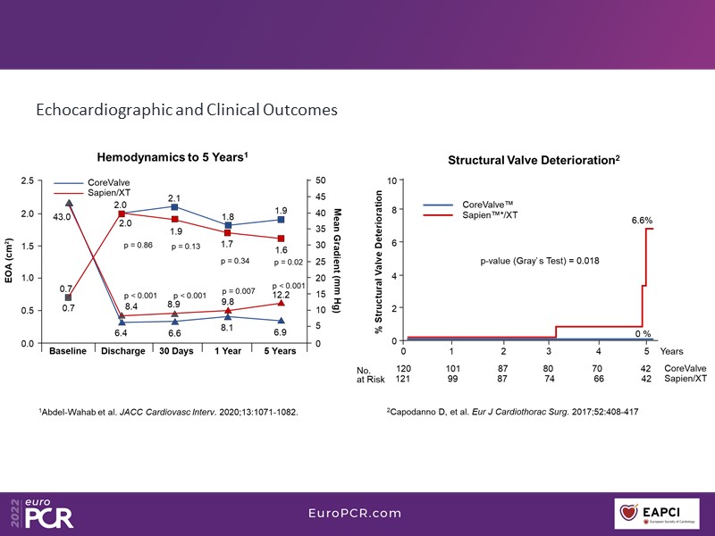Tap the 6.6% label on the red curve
[643, 219]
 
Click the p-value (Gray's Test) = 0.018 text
[540, 261]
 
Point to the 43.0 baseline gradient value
[62, 216]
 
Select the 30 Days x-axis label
[175, 351]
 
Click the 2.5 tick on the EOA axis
[27, 181]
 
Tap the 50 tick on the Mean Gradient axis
[321, 181]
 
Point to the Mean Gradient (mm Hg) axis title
[338, 260]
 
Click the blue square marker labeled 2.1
[175, 206]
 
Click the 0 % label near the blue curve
[642, 333]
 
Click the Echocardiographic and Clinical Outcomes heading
[186, 111]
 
